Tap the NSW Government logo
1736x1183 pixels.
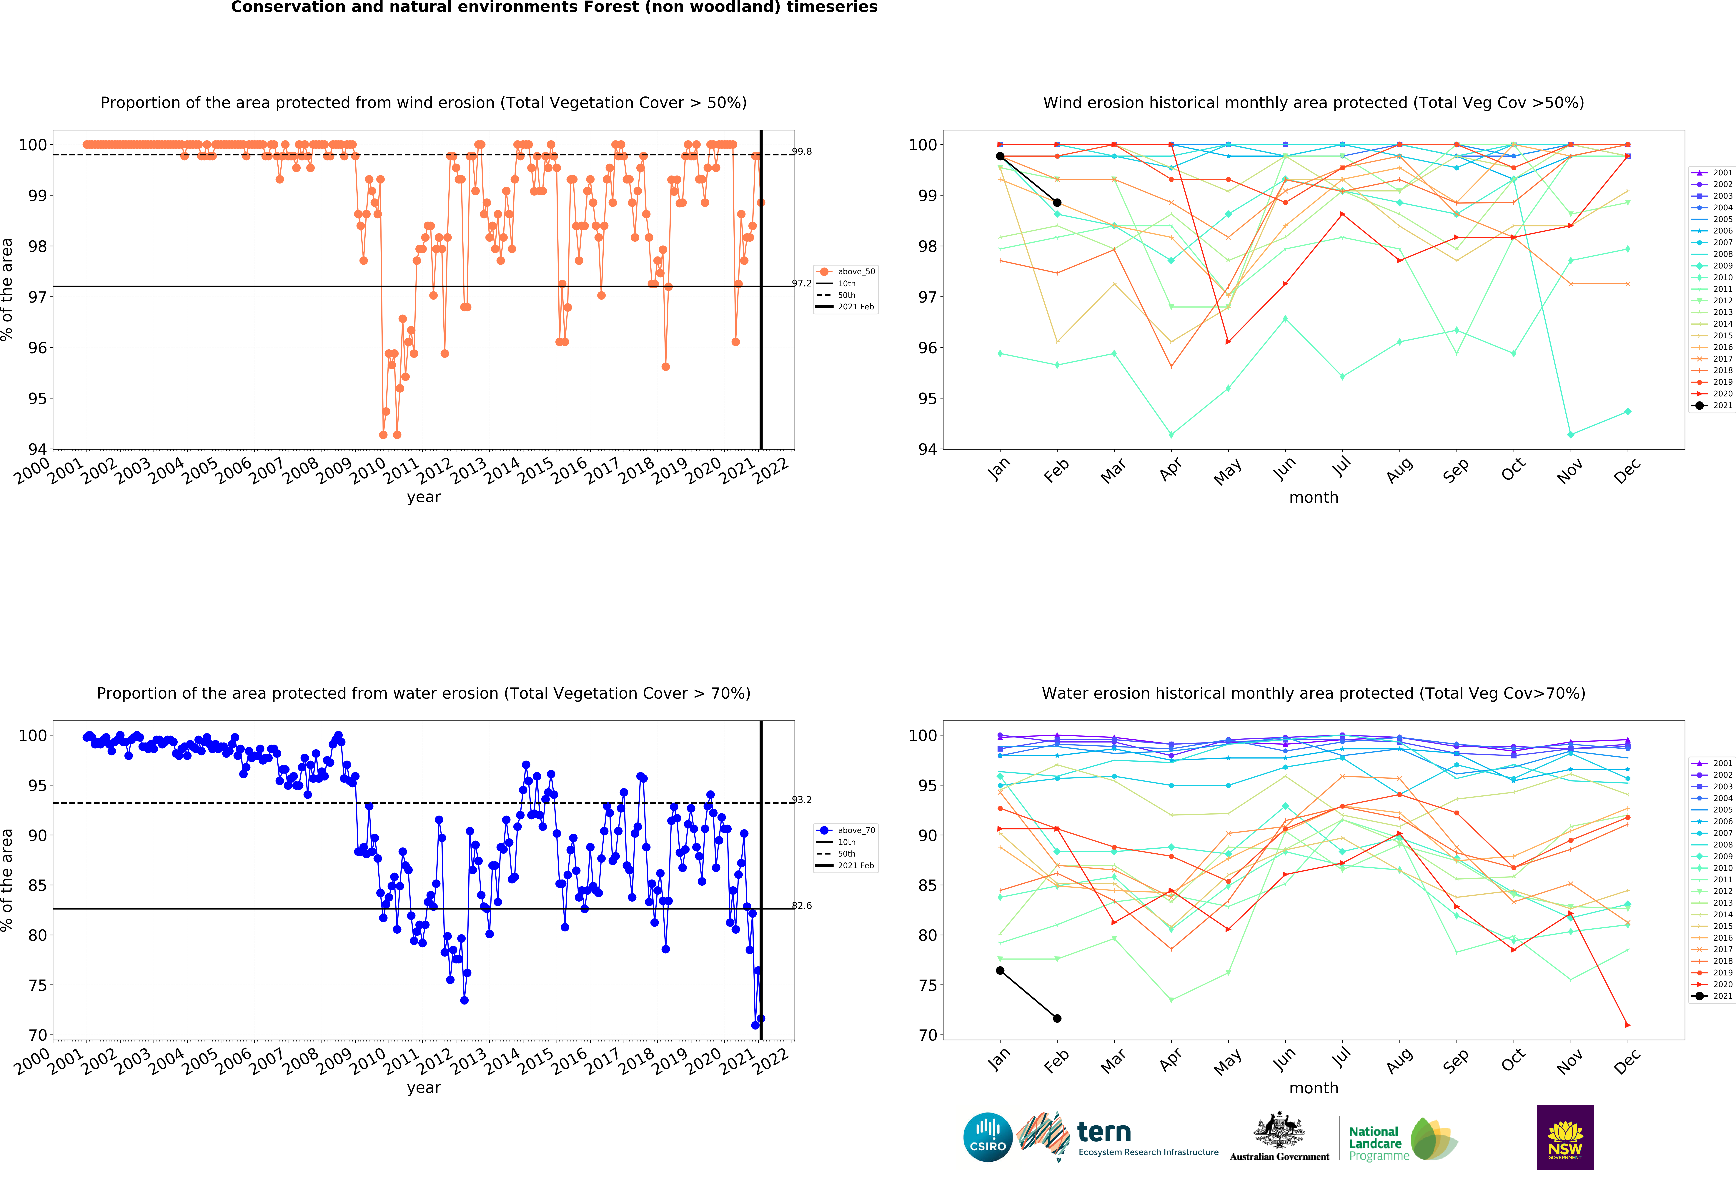click(x=1565, y=1137)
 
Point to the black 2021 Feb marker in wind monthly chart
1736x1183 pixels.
click(x=1057, y=202)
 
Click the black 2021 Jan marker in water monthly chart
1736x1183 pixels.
click(x=1000, y=970)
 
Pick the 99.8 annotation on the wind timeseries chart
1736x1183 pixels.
click(x=802, y=152)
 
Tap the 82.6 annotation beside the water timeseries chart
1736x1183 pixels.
click(x=802, y=905)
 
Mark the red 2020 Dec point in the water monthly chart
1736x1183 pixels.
click(x=1628, y=1025)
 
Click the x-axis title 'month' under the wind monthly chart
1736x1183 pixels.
click(x=1313, y=497)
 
